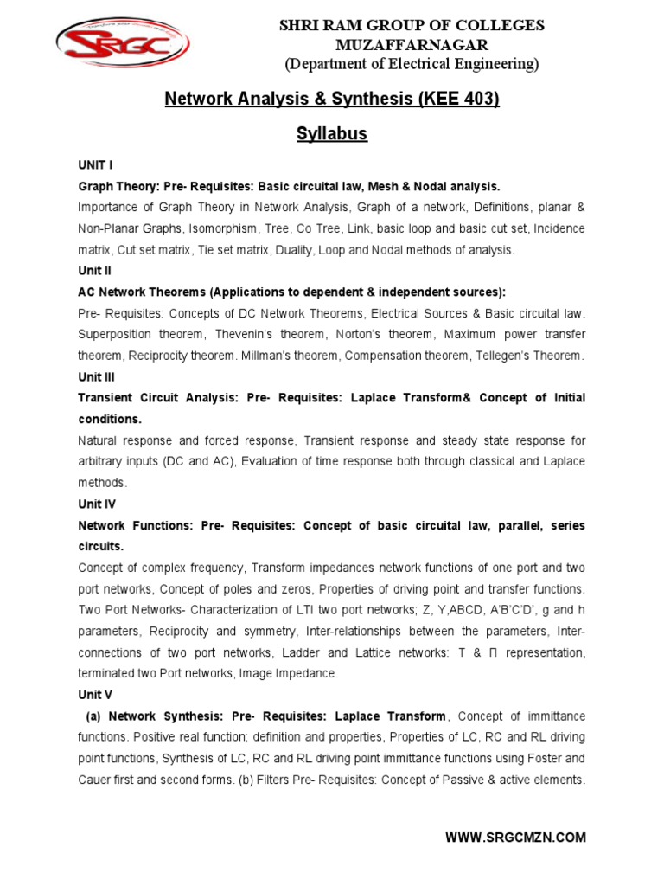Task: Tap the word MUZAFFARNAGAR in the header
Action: [x=411, y=44]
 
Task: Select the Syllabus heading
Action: [x=332, y=133]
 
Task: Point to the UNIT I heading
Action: [x=95, y=164]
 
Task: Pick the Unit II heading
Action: [x=95, y=271]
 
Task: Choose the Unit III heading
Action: [x=97, y=377]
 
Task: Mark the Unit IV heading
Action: [x=97, y=504]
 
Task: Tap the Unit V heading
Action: [x=95, y=694]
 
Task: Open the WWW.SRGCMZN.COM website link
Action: [x=515, y=837]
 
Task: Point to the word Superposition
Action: [x=114, y=334]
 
